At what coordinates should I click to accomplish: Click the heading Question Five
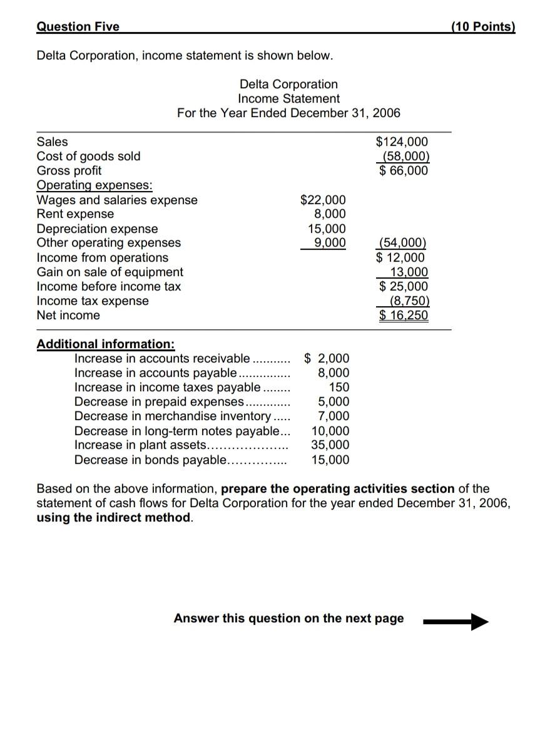[78, 26]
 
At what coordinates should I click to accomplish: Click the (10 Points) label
[482, 26]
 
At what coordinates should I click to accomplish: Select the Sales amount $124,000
[402, 142]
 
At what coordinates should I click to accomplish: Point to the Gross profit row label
[69, 171]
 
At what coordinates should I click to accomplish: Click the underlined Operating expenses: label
[94, 185]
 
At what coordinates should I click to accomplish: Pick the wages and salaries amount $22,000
[323, 200]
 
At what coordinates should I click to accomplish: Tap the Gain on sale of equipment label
[110, 272]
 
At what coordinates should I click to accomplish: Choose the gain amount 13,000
[409, 272]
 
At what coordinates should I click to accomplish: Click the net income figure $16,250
[404, 315]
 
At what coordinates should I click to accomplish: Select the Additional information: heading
[106, 344]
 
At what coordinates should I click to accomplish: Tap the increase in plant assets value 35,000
[330, 445]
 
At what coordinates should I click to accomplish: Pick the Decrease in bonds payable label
[150, 460]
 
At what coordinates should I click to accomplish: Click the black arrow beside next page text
[456, 622]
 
